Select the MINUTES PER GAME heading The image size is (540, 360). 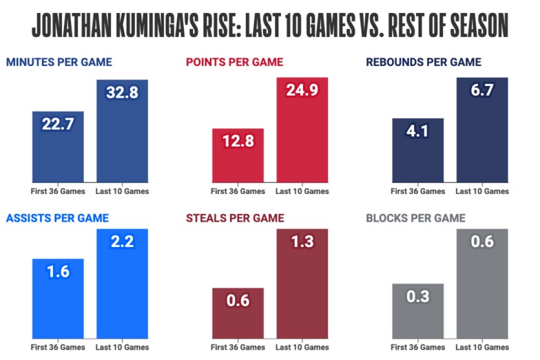point(59,62)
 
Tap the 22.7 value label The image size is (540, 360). point(58,125)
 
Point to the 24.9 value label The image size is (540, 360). point(302,90)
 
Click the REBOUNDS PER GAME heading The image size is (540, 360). point(424,62)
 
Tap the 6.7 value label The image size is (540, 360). point(482,90)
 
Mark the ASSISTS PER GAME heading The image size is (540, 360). point(57,218)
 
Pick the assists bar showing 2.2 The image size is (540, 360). point(122,289)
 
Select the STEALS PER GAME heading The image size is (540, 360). point(235,218)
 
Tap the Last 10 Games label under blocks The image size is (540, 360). point(482,347)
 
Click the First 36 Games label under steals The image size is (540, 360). point(238,347)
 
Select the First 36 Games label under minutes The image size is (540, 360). point(58,191)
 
